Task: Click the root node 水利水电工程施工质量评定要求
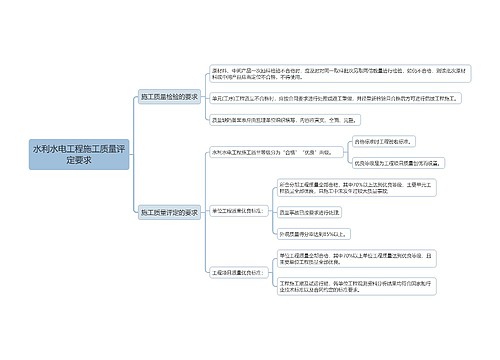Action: (x=80, y=153)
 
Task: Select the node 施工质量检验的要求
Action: (x=169, y=97)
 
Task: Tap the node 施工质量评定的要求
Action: (x=169, y=212)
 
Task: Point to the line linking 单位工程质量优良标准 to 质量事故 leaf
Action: (x=272, y=212)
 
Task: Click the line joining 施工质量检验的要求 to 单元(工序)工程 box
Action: (x=204, y=98)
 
